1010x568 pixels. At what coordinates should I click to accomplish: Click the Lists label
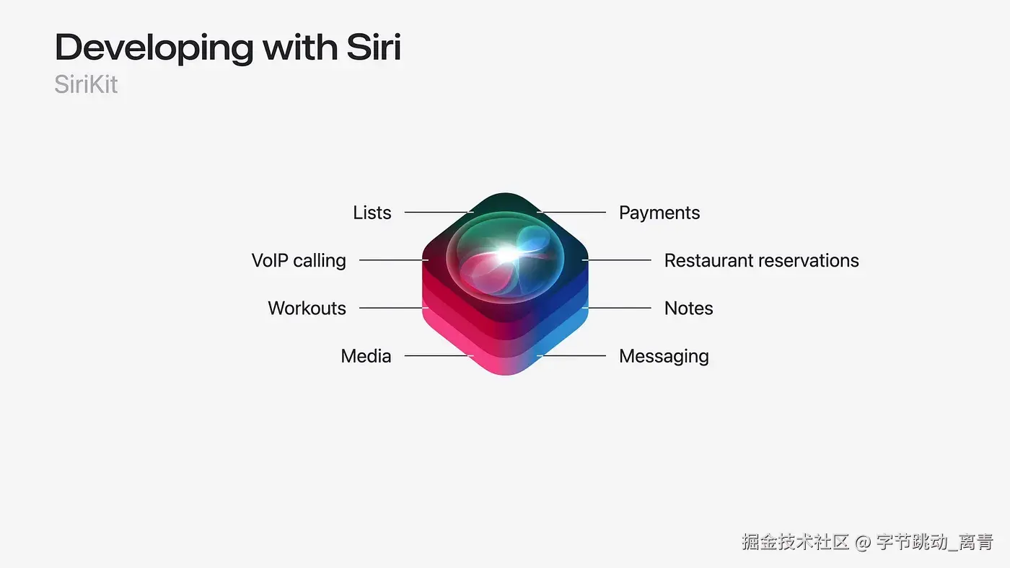[x=372, y=213]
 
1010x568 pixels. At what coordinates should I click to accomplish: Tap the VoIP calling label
[x=299, y=260]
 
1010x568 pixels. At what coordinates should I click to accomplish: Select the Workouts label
[x=307, y=309]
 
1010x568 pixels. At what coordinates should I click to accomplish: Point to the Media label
[x=366, y=356]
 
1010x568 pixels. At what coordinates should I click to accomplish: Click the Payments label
[x=659, y=213]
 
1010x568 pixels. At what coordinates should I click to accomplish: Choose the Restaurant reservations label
[x=761, y=260]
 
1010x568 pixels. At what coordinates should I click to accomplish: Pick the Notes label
[x=688, y=309]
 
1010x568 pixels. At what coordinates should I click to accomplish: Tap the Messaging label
[x=664, y=356]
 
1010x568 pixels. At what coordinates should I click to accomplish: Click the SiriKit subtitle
[x=86, y=85]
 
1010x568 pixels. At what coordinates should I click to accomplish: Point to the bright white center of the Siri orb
[x=506, y=254]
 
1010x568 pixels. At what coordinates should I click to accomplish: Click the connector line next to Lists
[x=437, y=213]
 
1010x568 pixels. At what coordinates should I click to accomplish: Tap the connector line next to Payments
[x=573, y=213]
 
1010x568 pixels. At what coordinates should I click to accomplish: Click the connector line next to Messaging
[x=573, y=356]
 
